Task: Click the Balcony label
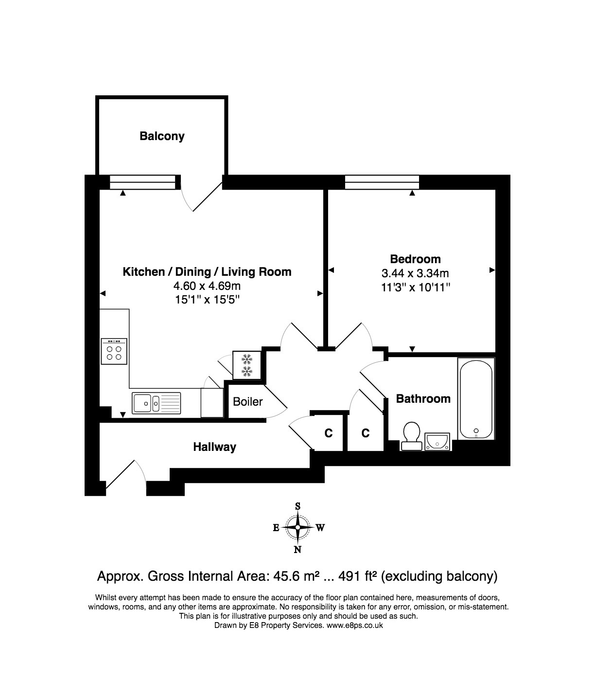pos(162,136)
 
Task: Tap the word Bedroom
pos(415,259)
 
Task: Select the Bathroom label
pos(423,398)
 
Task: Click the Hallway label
pos(214,447)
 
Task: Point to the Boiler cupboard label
pos(248,402)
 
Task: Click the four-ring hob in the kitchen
pos(114,351)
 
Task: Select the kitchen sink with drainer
pos(156,403)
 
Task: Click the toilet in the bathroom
pos(411,436)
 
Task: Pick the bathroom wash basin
pos(437,442)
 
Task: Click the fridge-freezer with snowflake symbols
pos(247,365)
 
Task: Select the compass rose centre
pos(297,527)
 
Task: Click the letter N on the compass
pos(297,550)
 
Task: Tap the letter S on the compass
pos(297,506)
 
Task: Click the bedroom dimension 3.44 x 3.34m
pos(415,273)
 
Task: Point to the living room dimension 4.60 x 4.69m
pos(207,286)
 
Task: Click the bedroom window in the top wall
pos(382,182)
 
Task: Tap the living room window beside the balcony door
pos(142,182)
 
